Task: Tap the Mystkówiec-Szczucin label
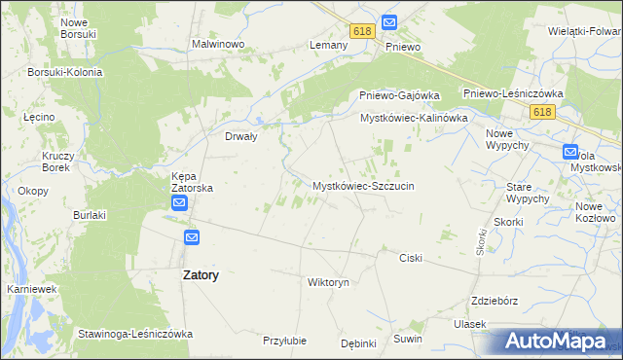(x=364, y=185)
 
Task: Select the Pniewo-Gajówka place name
(x=398, y=95)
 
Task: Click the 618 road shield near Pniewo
(x=363, y=31)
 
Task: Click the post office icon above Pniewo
(x=389, y=21)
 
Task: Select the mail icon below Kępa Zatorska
(x=180, y=202)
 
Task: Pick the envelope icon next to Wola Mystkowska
(x=569, y=151)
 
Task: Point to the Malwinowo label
(x=217, y=45)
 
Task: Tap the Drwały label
(x=240, y=136)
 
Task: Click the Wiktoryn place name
(x=327, y=282)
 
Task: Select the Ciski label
(x=410, y=258)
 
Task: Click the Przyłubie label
(x=285, y=341)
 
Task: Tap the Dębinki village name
(x=358, y=343)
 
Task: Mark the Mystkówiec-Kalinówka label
(x=415, y=118)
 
